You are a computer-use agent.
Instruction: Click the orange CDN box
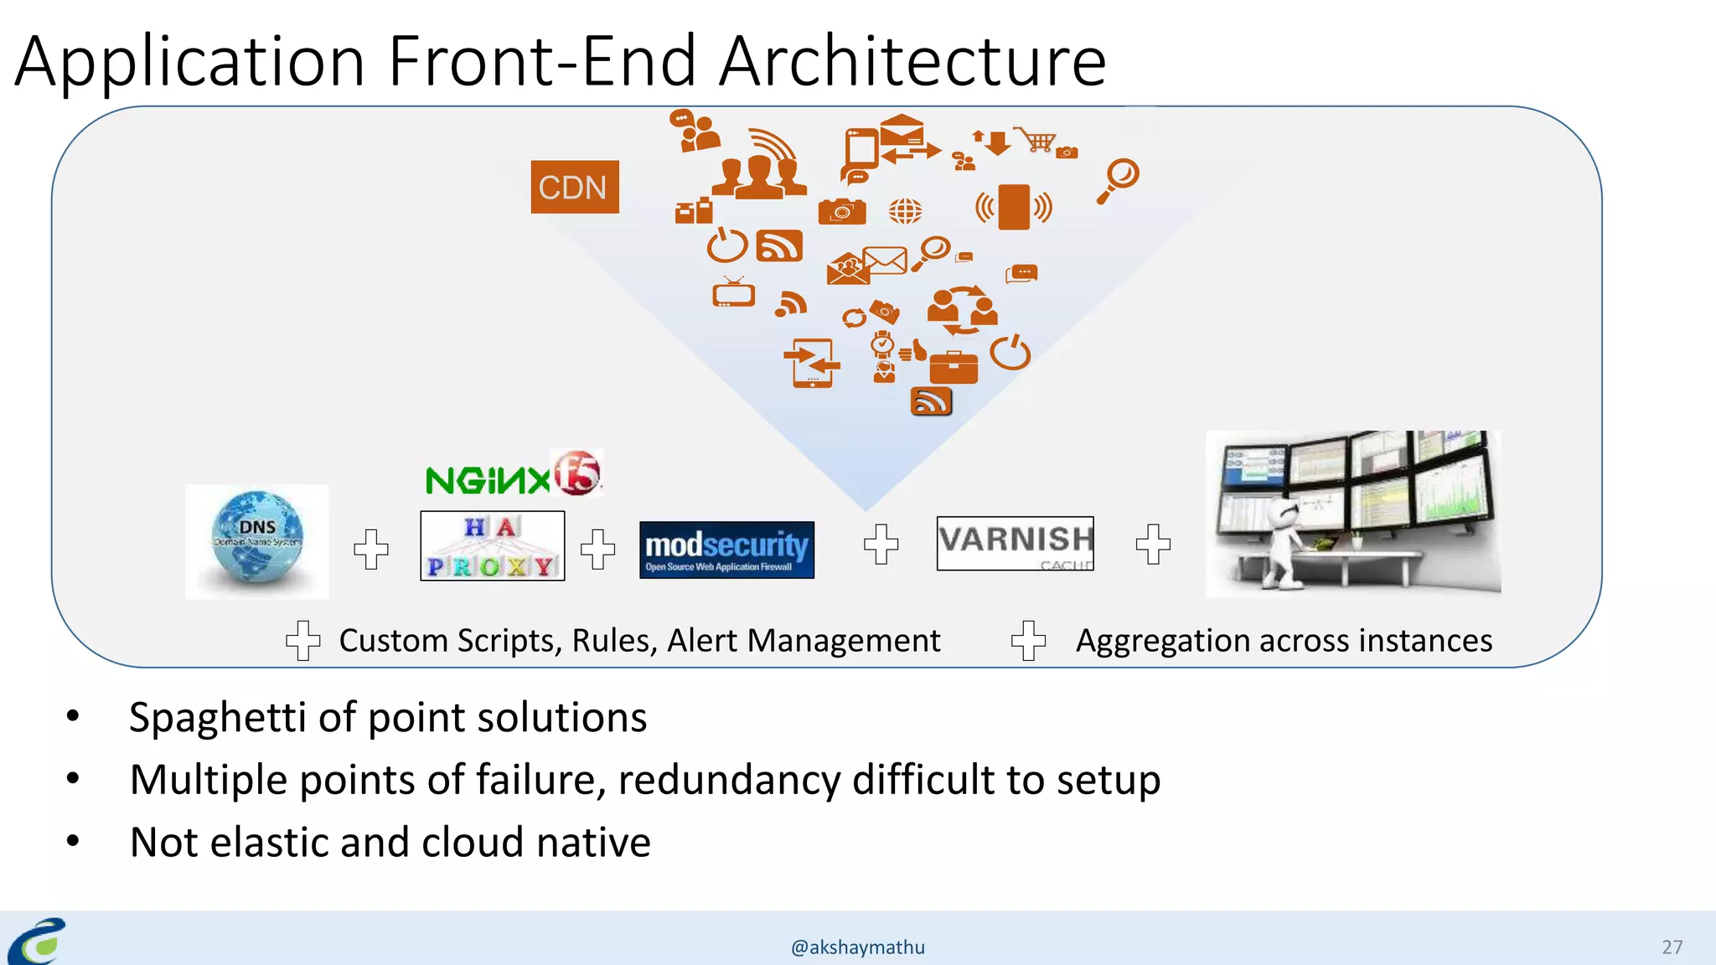click(x=574, y=187)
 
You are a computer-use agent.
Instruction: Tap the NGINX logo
click(x=487, y=481)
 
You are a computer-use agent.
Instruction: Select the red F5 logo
click(x=577, y=473)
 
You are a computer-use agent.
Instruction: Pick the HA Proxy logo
click(x=493, y=546)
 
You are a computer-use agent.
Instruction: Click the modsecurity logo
click(x=726, y=550)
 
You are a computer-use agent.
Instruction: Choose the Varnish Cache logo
click(x=1015, y=543)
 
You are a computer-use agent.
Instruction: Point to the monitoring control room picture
click(x=1352, y=513)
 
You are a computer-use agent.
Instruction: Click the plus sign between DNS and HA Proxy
click(x=370, y=550)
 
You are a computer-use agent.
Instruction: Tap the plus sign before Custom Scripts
click(x=302, y=641)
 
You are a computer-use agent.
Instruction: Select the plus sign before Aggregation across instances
click(x=1028, y=641)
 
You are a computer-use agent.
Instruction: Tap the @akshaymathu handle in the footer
click(x=858, y=947)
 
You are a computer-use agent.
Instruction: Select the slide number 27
click(x=1672, y=947)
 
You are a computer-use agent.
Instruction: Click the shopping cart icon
click(x=1037, y=140)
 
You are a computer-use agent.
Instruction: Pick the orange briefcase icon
click(x=954, y=367)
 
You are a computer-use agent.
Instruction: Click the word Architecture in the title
click(x=912, y=61)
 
